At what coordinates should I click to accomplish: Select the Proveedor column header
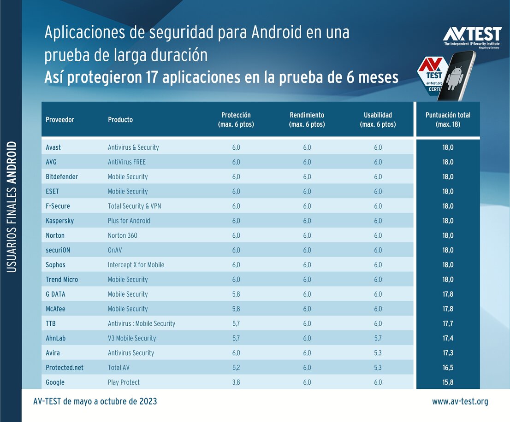60,120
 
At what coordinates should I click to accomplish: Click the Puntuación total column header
448,120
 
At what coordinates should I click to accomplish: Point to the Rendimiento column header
307,120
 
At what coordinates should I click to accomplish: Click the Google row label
55,382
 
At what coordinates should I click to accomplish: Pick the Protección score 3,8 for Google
236,382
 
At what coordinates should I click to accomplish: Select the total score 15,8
448,382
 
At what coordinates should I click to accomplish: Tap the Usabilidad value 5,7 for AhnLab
378,338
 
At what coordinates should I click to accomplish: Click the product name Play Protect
124,382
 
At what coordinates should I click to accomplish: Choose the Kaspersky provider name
60,221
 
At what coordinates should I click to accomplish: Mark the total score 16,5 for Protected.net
448,368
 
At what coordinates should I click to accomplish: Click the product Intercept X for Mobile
136,265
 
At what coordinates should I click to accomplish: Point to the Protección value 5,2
236,368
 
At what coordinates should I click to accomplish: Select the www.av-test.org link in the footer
460,402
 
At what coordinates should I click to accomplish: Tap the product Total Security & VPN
135,206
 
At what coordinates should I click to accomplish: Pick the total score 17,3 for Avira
448,353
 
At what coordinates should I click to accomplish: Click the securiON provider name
58,250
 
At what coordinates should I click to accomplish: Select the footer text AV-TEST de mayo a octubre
95,402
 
